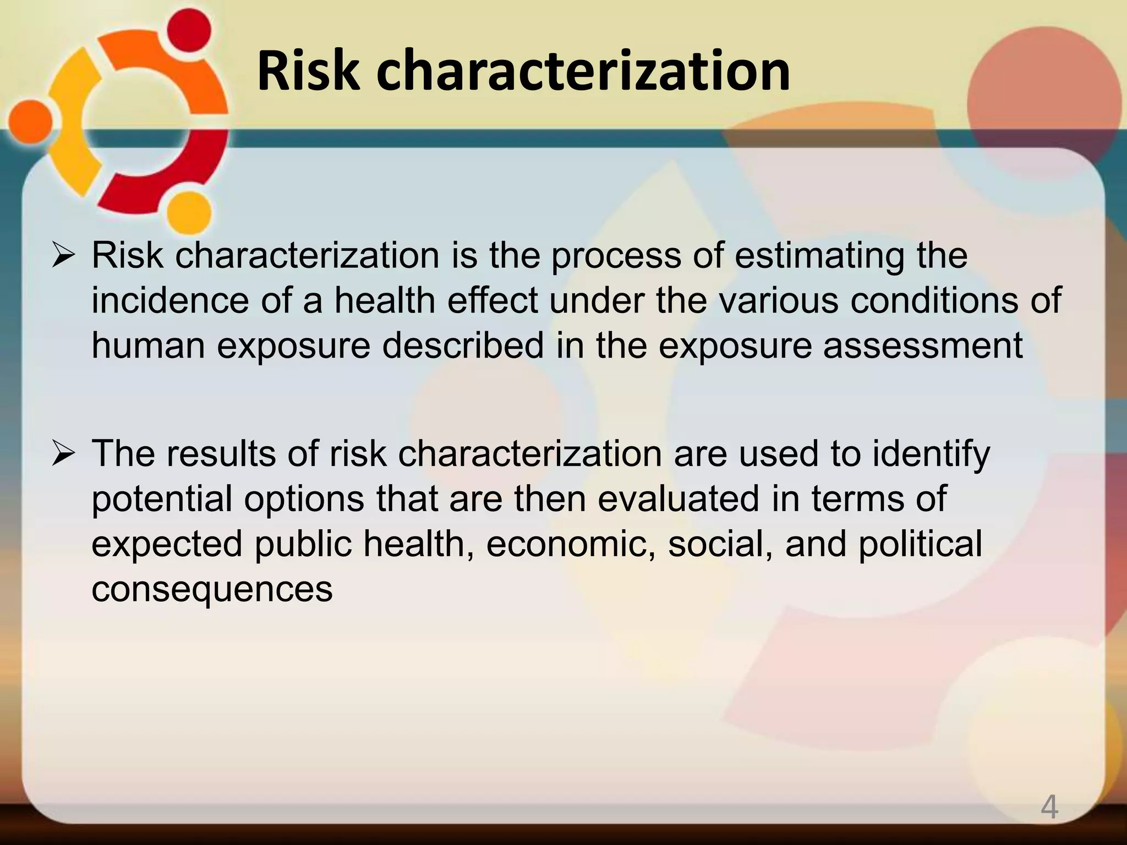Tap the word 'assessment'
[923, 345]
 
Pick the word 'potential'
[162, 500]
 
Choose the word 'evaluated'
[679, 500]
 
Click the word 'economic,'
[571, 544]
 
